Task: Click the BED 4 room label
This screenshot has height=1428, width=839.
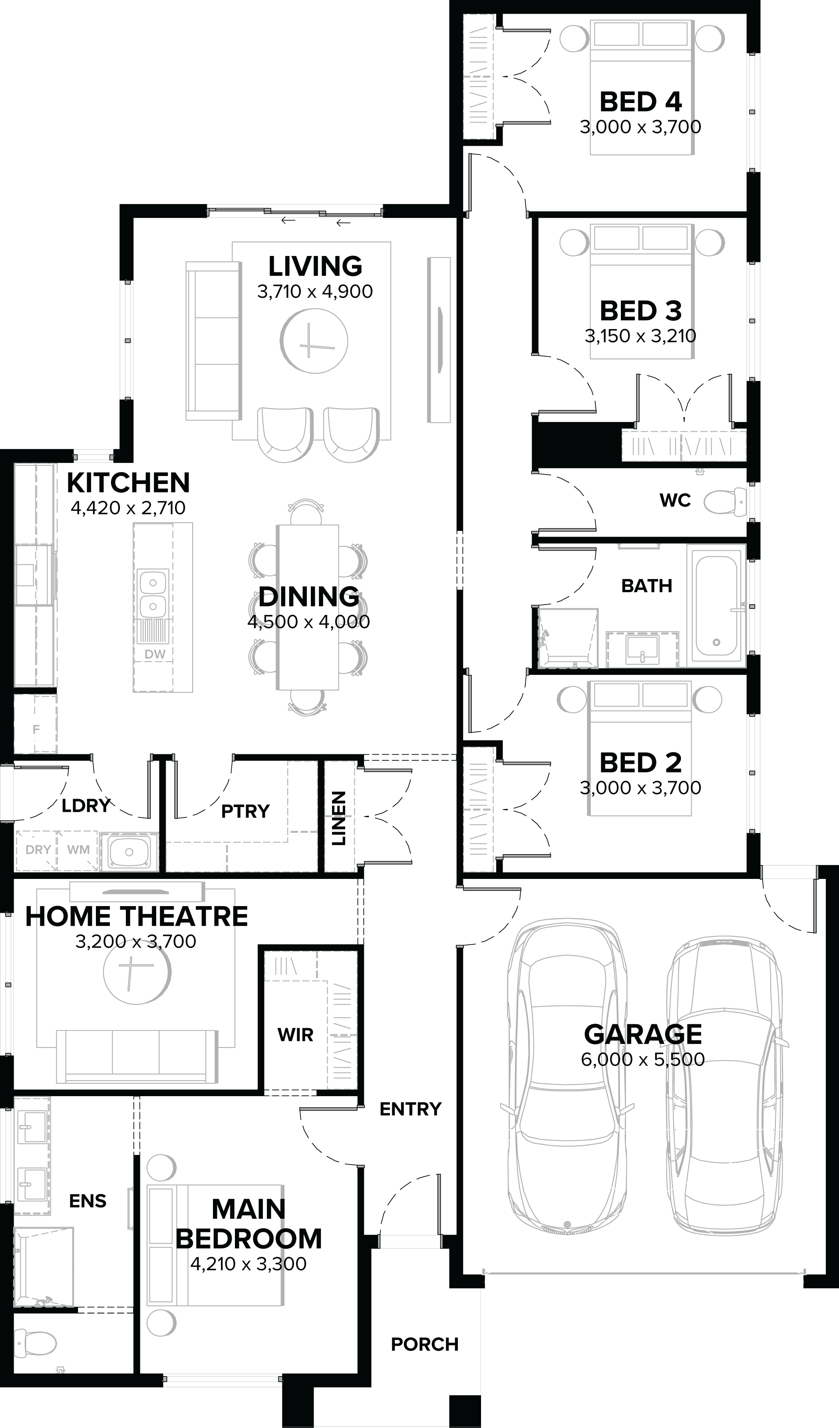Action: click(x=640, y=102)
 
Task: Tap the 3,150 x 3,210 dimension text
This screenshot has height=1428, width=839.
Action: click(x=640, y=336)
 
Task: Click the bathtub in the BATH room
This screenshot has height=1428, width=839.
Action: click(x=716, y=606)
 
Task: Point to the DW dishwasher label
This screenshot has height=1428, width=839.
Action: click(x=155, y=654)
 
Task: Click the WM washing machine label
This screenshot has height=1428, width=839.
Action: click(x=78, y=849)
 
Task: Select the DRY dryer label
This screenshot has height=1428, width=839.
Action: click(x=38, y=849)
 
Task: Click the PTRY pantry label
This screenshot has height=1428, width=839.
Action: click(x=245, y=811)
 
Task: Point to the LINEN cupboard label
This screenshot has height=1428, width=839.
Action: click(x=338, y=818)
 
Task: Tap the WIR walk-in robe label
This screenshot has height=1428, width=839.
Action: click(x=295, y=1035)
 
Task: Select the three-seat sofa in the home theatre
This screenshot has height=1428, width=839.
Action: click(x=136, y=1056)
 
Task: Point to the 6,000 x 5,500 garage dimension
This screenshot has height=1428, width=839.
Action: click(x=642, y=1059)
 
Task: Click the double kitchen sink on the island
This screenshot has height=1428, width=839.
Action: click(x=153, y=594)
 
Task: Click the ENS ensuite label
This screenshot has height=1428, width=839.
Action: click(x=87, y=1201)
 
